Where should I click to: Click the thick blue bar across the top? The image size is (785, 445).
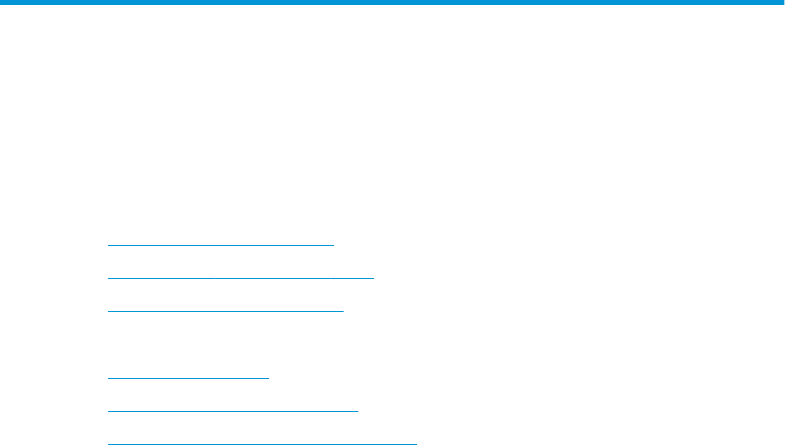(392, 2)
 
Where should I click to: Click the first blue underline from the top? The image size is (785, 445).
(221, 245)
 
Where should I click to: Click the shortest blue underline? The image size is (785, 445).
(188, 378)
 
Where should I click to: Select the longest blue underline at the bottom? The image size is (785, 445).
(262, 443)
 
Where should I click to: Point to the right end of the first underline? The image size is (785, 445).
(334, 245)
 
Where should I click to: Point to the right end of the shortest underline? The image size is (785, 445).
(269, 378)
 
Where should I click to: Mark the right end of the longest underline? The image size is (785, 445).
(416, 443)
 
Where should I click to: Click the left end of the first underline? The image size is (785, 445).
(108, 245)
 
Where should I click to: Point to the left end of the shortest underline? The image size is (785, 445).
(108, 378)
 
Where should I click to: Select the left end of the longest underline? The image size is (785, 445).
(108, 443)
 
